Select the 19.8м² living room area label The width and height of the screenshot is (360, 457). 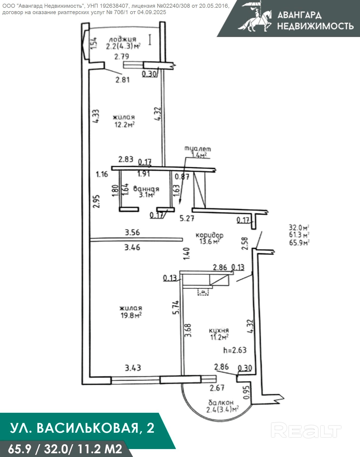130,315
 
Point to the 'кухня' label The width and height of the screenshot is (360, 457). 219,330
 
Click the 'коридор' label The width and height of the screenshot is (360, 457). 210,235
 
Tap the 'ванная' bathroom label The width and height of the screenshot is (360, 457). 146,189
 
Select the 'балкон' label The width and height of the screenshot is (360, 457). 221,402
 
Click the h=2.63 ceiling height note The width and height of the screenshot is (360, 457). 235,350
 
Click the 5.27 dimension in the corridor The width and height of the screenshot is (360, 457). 187,219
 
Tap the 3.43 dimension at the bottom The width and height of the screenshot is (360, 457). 133,368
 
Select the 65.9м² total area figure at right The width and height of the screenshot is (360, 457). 299,243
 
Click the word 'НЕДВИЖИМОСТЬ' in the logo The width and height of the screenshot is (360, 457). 316,26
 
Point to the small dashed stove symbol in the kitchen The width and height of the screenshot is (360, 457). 203,292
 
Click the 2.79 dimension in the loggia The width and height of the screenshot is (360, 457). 122,56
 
